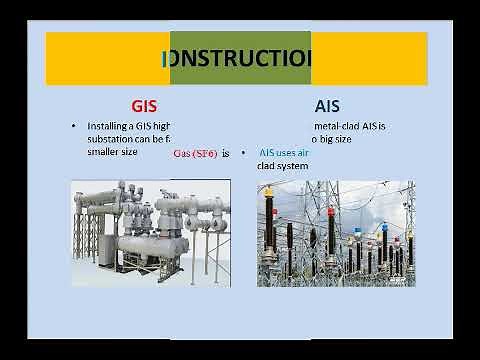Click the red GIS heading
coord(145,103)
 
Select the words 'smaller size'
coord(112,152)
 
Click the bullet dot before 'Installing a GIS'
coord(73,127)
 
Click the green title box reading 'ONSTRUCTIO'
coord(241,58)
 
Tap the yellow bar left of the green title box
coord(110,58)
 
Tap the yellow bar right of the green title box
coord(370,58)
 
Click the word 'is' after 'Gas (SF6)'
coord(226,153)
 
